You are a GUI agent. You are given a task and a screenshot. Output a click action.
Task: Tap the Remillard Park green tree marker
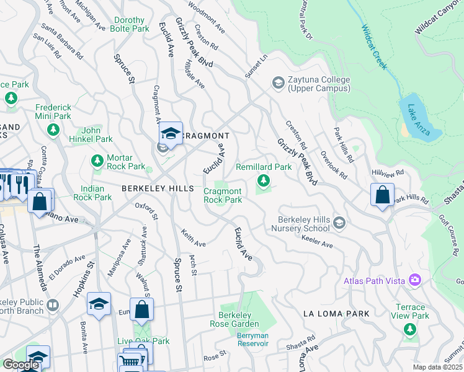click(x=264, y=181)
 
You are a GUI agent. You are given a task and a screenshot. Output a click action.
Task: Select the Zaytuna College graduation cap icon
click(x=278, y=82)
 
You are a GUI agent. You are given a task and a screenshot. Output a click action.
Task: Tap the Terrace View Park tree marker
click(x=408, y=329)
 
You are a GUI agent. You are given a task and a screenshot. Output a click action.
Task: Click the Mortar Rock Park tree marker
click(x=97, y=162)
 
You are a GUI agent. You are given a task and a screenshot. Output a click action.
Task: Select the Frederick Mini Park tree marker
click(x=53, y=129)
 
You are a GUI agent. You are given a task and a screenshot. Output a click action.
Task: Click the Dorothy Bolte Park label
click(x=130, y=24)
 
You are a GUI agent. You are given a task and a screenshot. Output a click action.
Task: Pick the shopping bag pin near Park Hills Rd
click(x=383, y=195)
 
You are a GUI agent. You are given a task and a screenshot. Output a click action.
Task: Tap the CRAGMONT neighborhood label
click(x=206, y=136)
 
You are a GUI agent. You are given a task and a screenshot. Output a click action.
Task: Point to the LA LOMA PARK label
click(x=336, y=314)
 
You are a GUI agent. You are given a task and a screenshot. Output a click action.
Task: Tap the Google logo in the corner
click(x=20, y=365)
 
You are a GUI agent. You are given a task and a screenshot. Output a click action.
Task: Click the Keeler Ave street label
click(x=317, y=242)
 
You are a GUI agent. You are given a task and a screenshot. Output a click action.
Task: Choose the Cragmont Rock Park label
click(x=223, y=195)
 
